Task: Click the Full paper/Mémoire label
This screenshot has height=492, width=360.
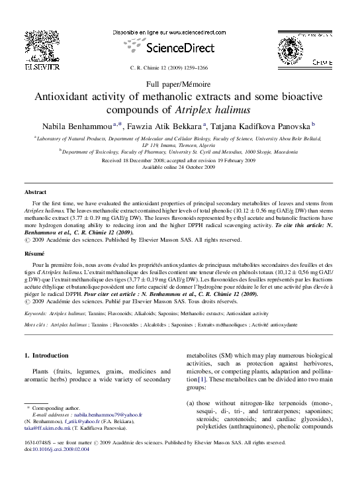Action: [x=179, y=85]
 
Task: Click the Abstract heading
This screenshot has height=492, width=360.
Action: [x=36, y=191]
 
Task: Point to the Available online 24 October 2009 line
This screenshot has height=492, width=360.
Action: [x=179, y=167]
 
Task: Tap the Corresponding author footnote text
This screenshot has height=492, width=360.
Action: [x=56, y=409]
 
